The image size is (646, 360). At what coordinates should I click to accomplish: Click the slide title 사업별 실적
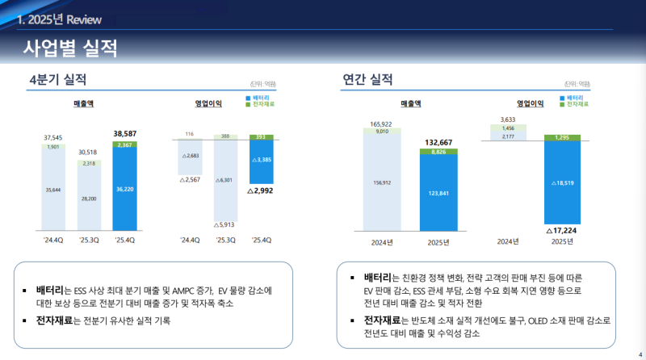point(70,48)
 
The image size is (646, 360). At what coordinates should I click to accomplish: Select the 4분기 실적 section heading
point(57,79)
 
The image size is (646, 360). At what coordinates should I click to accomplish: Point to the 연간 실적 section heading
point(367,79)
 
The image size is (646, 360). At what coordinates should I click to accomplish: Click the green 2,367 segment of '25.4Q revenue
point(125,145)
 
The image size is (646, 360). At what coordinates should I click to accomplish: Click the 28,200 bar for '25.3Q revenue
point(89,198)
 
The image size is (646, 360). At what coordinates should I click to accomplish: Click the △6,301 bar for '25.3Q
point(225,180)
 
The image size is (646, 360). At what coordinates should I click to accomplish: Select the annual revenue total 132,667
point(438,142)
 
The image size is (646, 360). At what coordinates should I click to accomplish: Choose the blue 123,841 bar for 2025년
point(438,194)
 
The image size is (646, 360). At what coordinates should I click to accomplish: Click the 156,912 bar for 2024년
point(382,182)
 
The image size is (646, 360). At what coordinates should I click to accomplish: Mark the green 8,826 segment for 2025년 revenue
point(438,151)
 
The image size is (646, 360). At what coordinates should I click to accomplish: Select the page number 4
point(640,353)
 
